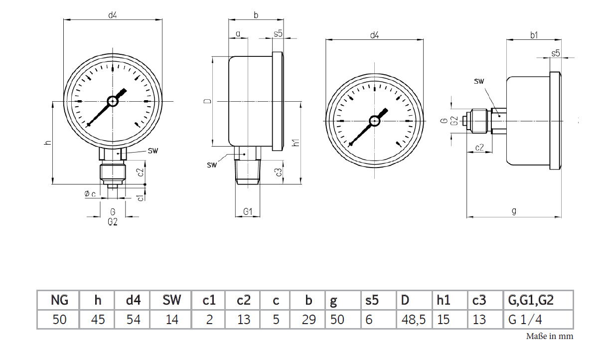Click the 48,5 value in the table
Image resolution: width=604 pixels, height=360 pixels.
pos(413,320)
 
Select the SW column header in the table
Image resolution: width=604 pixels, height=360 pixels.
pos(171,300)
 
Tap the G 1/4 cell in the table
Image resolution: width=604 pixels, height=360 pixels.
pos(525,320)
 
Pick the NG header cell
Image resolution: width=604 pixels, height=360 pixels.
pos(59,300)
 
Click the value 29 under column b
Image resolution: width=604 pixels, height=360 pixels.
pos(308,320)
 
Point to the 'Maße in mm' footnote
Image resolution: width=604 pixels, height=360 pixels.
pos(550,336)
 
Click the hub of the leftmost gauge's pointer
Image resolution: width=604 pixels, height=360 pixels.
pos(113,102)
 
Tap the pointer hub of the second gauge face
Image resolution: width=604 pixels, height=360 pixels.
pos(375,121)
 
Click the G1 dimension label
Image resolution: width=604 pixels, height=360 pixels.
pos(248,211)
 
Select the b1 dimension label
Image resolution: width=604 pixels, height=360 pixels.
pos(534,35)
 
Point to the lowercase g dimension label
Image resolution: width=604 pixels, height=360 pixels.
pos(514,211)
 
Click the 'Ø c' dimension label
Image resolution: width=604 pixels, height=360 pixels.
pos(90,193)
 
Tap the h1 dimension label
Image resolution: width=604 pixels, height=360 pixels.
pos(296,143)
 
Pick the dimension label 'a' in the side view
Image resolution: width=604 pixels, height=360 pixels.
pos(238,34)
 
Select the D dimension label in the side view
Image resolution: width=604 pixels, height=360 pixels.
pos(207,101)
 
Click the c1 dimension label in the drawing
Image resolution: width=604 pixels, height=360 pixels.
pos(140,198)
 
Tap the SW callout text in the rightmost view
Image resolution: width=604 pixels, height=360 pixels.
pos(479,81)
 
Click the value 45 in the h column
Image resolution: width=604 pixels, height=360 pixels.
pos(98,320)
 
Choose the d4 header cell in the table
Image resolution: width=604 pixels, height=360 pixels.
pos(133,300)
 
